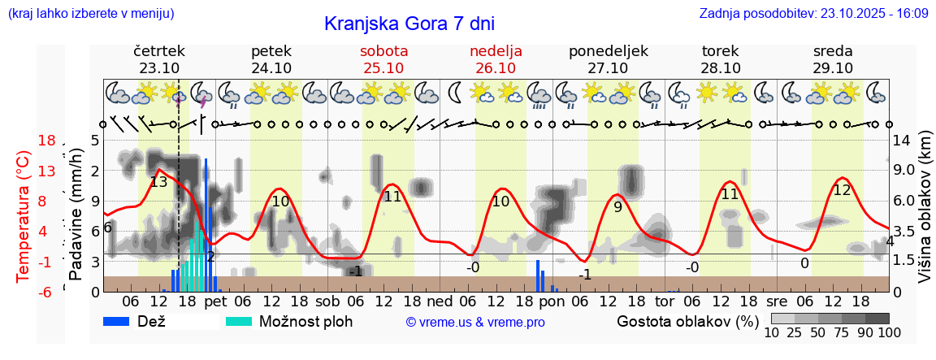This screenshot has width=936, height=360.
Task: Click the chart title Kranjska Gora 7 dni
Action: point(409,24)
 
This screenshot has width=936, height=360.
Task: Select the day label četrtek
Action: point(159,50)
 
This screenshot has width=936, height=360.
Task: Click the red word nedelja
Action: point(496,50)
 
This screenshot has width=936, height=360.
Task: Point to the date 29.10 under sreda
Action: point(833,67)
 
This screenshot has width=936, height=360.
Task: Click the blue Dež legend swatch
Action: point(123,321)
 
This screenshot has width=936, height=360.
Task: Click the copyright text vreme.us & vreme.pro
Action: point(475,322)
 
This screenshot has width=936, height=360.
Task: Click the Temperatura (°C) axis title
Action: point(25,215)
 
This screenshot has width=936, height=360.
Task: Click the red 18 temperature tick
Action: point(46,141)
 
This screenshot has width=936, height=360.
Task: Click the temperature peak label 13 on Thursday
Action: point(158,182)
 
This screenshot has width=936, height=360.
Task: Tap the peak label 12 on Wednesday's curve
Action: point(842,189)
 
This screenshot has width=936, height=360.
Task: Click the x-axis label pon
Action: point(552,301)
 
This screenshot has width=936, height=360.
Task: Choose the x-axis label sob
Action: point(328,301)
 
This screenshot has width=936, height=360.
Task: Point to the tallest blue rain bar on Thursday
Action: point(206,224)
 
